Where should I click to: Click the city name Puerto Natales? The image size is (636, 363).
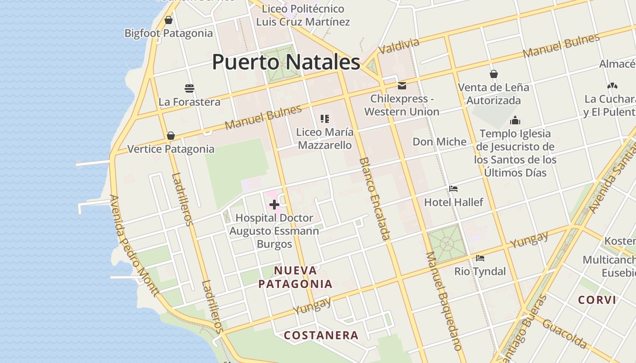pyautogui.click(x=286, y=62)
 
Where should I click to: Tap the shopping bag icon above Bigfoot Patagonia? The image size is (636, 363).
pyautogui.click(x=169, y=20)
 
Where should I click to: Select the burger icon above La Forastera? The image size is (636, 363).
pyautogui.click(x=189, y=88)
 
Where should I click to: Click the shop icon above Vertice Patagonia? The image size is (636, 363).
pyautogui.click(x=171, y=136)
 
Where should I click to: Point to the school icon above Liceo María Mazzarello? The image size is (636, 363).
pyautogui.click(x=324, y=119)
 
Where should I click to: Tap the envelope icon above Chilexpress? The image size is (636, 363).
pyautogui.click(x=402, y=85)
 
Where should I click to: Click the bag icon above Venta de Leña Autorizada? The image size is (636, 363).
pyautogui.click(x=494, y=74)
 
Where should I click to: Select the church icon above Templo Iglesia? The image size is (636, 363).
pyautogui.click(x=515, y=120)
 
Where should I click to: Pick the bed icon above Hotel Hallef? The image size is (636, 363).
pyautogui.click(x=453, y=189)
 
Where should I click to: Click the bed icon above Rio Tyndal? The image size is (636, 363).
pyautogui.click(x=480, y=258)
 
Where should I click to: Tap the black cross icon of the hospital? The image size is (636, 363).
pyautogui.click(x=274, y=205)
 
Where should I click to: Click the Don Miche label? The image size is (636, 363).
pyautogui.click(x=439, y=142)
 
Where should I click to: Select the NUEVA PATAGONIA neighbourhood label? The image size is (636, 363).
pyautogui.click(x=295, y=277)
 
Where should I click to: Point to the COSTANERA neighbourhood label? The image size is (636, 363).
pyautogui.click(x=321, y=335)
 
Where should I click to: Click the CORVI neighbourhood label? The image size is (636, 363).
pyautogui.click(x=597, y=300)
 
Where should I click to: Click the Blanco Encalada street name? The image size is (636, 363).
pyautogui.click(x=375, y=198)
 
